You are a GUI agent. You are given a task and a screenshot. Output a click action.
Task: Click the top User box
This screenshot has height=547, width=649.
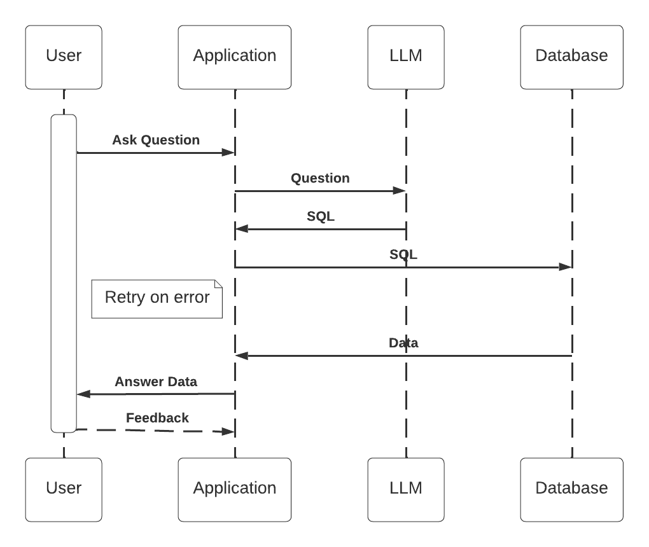pos(64,57)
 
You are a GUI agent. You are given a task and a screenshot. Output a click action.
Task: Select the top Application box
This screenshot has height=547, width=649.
pos(235,57)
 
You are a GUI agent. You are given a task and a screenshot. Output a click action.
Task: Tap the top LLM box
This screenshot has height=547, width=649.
pos(405,57)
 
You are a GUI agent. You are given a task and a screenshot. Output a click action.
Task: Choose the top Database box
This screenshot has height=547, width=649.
pos(571,57)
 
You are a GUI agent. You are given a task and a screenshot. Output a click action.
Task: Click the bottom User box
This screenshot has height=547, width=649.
pos(64,489)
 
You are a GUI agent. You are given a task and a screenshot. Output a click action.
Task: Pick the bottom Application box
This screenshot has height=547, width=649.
pos(235,489)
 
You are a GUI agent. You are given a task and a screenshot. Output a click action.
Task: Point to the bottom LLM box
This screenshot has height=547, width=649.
pos(405,489)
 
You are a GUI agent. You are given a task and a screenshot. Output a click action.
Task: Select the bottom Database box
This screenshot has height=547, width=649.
pos(571,489)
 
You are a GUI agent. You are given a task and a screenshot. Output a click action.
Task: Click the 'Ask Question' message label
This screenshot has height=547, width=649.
pos(156,140)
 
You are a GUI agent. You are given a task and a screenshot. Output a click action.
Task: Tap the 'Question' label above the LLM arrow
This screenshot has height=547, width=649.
pos(320,178)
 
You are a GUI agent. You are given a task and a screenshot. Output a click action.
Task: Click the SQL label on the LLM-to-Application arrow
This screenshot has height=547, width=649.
pos(321,216)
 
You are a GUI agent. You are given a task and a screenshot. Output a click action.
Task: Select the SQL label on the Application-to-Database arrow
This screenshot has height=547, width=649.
pos(403,254)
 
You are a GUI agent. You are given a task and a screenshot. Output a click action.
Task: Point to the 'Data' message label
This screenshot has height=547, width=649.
pos(403,343)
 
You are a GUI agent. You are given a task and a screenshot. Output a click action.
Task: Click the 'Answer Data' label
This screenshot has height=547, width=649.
pos(156,382)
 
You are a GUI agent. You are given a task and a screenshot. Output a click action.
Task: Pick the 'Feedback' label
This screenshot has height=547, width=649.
pos(157,418)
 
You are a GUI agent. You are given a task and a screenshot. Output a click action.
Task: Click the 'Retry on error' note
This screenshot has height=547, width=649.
pos(157,298)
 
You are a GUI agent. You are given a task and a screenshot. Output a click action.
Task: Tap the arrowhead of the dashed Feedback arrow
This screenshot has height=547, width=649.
pos(228,432)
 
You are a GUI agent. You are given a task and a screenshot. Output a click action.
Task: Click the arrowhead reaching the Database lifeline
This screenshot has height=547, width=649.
pos(565,267)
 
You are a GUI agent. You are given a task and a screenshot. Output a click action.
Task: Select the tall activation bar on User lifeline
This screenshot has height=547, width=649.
pos(64,273)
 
